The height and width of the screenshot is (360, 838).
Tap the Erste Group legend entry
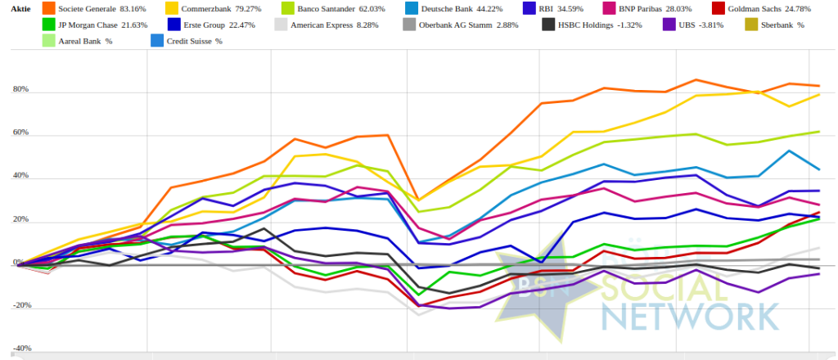click(219, 25)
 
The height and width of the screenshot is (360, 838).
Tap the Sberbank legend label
click(788, 25)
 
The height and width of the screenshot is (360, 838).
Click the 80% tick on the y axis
click(20, 89)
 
